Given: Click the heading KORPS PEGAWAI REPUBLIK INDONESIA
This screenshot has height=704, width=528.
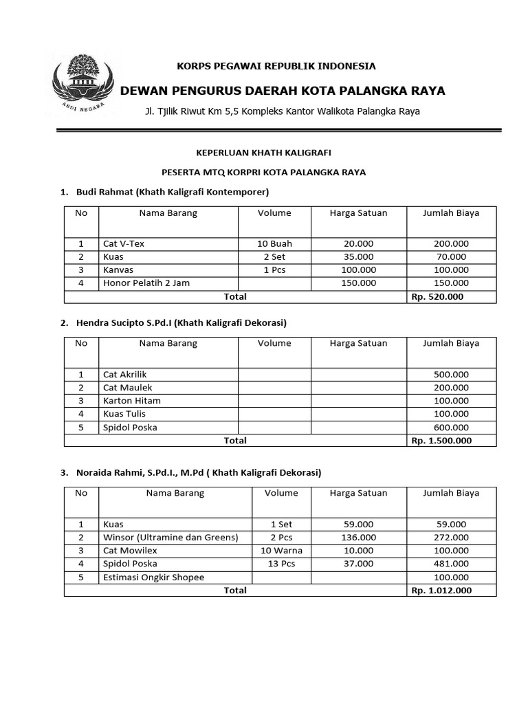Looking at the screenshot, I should pyautogui.click(x=276, y=66).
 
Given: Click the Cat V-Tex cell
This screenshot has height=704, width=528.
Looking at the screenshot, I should pyautogui.click(x=124, y=243).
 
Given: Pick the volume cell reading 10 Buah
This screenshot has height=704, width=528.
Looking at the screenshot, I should pyautogui.click(x=274, y=243).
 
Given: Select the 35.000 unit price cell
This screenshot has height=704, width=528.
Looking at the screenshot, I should pyautogui.click(x=358, y=256).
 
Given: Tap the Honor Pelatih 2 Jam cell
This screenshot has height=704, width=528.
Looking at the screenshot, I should pyautogui.click(x=146, y=283).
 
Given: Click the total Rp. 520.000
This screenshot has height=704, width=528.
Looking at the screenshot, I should pyautogui.click(x=437, y=296).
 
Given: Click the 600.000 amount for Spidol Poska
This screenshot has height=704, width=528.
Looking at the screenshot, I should pyautogui.click(x=450, y=427).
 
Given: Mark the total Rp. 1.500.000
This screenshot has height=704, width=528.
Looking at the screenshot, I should pyautogui.click(x=441, y=441).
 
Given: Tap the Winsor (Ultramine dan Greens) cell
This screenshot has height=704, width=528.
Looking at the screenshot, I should pyautogui.click(x=170, y=537).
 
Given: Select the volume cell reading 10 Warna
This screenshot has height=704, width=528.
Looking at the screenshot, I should pyautogui.click(x=282, y=551).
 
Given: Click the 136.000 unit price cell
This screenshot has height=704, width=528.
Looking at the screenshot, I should pyautogui.click(x=358, y=537).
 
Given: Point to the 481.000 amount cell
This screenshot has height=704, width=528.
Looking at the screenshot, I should pyautogui.click(x=450, y=564).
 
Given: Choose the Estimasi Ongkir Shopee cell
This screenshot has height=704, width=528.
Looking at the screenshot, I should pyautogui.click(x=153, y=577).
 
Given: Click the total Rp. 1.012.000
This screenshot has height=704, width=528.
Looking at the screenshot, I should pyautogui.click(x=441, y=591).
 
